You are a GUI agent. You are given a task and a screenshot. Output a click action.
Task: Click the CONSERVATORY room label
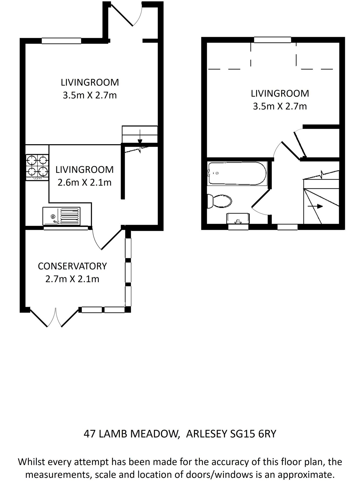[x=72, y=266]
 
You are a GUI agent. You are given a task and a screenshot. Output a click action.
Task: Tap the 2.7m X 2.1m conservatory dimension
[x=72, y=279]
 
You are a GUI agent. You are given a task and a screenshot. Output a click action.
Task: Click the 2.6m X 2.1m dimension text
[x=84, y=183]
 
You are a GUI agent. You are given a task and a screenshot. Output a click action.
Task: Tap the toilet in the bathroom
[x=220, y=201]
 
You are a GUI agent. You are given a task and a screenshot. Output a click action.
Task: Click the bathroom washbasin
[x=238, y=218]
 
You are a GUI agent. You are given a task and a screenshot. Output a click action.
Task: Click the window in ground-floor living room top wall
[x=61, y=41]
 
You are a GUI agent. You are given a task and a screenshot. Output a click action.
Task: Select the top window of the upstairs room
[x=272, y=40]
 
